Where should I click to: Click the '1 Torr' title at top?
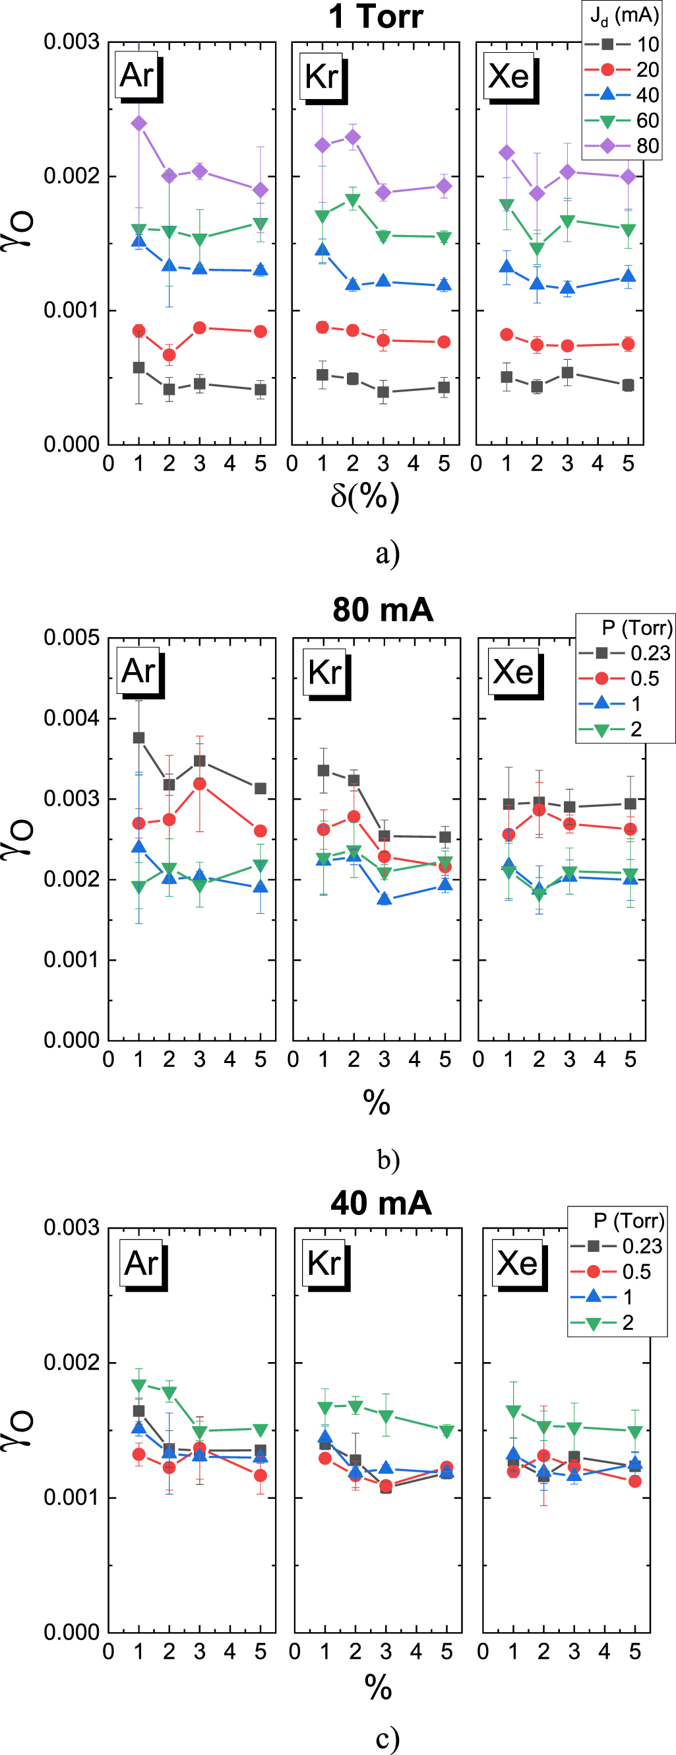376,17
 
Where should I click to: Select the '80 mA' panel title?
383,609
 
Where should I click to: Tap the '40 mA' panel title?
381,1203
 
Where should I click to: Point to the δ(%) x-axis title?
365,496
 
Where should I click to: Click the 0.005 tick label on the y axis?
71,638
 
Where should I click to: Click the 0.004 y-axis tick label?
71,718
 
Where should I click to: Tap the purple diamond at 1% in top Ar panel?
139,123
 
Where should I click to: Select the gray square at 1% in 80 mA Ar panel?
139,738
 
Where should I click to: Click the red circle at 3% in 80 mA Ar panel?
199,784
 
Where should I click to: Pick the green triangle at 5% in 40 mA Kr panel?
446,1431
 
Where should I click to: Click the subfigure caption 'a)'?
387,553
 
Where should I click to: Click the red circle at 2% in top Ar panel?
169,355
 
